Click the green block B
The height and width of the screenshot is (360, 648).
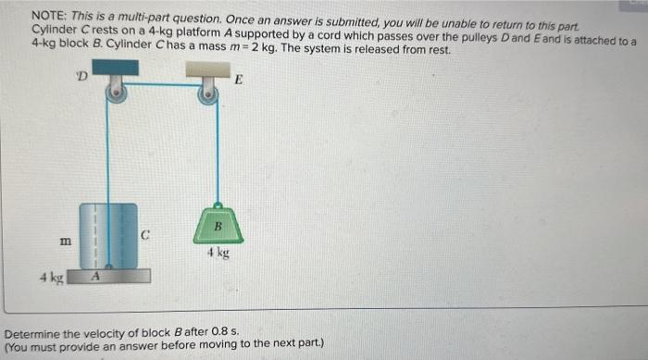pos(218,228)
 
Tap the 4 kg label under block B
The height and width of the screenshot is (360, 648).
pos(218,253)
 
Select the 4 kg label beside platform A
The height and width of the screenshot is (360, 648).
pos(50,277)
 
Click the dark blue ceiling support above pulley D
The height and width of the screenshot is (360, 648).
pos(114,67)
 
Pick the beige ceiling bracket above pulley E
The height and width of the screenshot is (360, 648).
pos(207,68)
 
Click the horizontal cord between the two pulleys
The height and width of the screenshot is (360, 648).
pos(162,84)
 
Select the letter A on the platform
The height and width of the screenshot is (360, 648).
pos(95,276)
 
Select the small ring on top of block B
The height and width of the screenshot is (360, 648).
pos(218,205)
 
